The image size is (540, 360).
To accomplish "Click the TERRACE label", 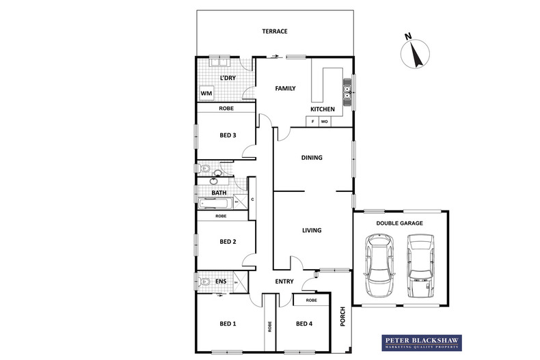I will (275, 31).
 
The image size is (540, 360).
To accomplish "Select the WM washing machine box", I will (206, 94).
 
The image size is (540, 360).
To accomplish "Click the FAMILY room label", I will (285, 89).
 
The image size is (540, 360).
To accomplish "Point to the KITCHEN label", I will (323, 109).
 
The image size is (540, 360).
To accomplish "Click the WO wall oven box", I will (325, 122).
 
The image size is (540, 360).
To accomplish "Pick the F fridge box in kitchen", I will (312, 122).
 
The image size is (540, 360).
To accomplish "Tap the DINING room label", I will (312, 157).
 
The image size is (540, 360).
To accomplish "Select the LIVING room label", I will (312, 230).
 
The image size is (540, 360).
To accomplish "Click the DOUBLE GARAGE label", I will (399, 223).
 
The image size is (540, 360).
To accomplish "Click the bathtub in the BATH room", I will (218, 203).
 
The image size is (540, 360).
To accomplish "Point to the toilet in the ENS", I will (205, 281).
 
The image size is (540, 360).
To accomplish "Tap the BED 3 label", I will (228, 135).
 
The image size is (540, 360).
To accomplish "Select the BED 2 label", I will (228, 242).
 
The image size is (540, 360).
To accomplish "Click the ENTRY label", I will (284, 281).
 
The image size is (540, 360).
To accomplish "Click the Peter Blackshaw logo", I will (421, 343).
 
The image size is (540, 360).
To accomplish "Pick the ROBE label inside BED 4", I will (311, 301).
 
